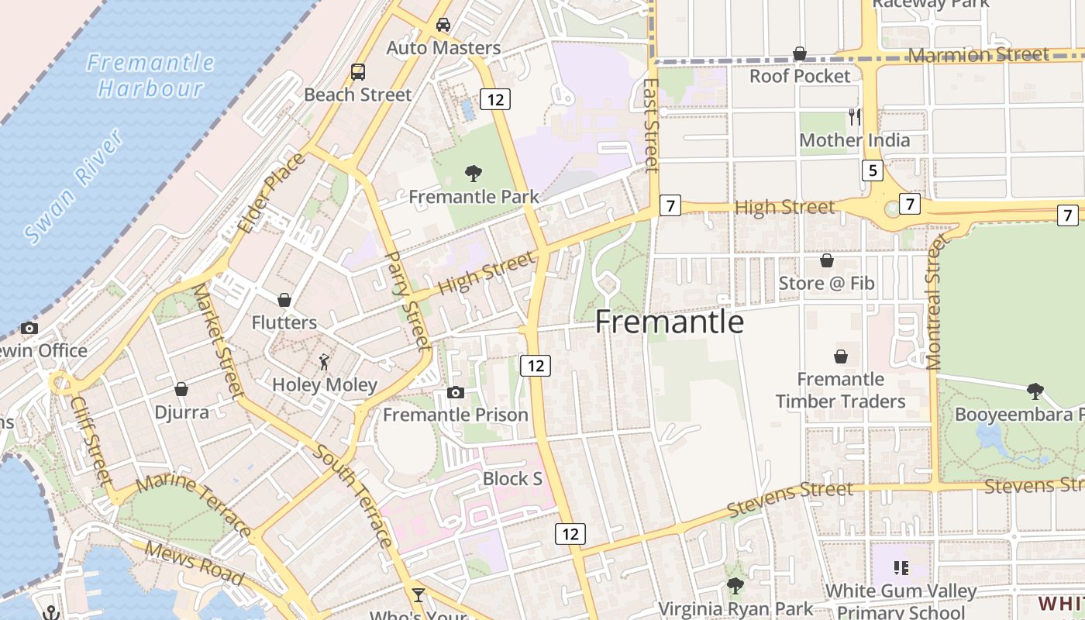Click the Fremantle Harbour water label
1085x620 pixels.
click(150, 75)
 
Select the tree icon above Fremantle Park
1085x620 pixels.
click(473, 173)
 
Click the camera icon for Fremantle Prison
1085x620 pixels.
click(456, 393)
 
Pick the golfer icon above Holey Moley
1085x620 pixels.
click(324, 361)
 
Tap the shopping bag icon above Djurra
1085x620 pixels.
click(181, 389)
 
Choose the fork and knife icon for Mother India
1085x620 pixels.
click(855, 117)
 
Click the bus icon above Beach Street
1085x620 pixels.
click(357, 72)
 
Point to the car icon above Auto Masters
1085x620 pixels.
click(443, 25)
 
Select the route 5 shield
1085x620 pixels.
click(873, 170)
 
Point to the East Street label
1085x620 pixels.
click(651, 124)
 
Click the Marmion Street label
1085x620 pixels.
click(978, 55)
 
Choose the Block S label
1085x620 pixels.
click(512, 479)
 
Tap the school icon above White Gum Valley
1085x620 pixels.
click(901, 568)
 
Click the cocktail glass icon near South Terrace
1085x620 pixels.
click(418, 595)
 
